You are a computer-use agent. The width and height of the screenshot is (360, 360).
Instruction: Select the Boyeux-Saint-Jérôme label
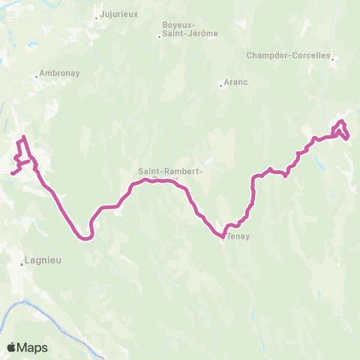click(x=180, y=29)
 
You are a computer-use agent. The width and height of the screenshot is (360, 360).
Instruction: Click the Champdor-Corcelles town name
click(x=289, y=55)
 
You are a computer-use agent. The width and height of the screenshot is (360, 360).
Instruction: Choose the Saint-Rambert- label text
click(x=170, y=171)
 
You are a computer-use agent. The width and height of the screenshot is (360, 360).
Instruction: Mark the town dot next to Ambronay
click(x=37, y=74)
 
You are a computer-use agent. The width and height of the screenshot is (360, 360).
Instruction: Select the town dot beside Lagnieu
click(x=23, y=263)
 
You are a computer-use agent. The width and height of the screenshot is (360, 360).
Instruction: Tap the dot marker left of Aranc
click(x=220, y=85)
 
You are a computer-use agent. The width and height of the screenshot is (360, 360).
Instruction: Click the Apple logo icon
click(x=11, y=347)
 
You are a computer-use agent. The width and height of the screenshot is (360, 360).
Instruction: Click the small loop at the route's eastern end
click(x=342, y=129)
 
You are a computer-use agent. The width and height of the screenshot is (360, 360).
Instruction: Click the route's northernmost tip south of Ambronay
click(x=24, y=136)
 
